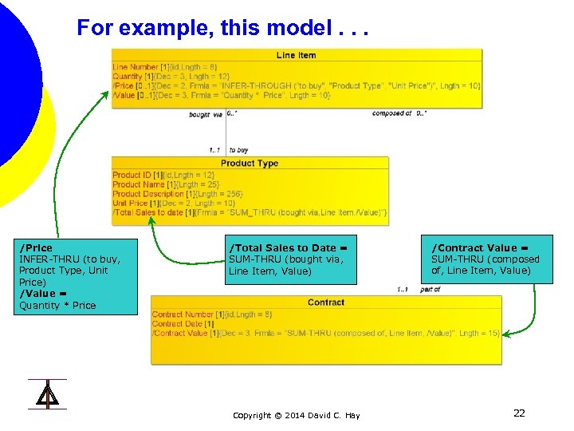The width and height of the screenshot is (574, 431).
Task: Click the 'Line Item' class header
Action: click(297, 55)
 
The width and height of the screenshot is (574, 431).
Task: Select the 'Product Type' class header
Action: click(250, 163)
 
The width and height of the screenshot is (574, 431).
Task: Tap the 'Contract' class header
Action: click(326, 302)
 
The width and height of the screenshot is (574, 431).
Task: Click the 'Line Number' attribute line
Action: click(165, 66)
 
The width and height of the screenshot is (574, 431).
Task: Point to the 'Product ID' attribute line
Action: click(163, 175)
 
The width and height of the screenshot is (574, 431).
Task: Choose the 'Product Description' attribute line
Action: click(178, 194)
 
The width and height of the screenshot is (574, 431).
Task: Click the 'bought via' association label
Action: click(206, 114)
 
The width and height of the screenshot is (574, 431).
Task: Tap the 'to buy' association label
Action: click(238, 149)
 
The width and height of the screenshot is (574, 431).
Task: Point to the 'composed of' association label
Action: click(391, 113)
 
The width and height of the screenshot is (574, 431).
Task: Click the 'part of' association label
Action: click(430, 290)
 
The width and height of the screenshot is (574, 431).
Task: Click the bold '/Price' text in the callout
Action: click(36, 248)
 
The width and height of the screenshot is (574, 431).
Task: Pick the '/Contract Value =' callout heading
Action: click(481, 248)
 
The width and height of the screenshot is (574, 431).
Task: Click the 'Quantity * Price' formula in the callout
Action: click(57, 305)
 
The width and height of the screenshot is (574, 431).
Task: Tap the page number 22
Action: click(519, 413)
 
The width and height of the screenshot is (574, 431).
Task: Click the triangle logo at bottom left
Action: click(47, 394)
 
